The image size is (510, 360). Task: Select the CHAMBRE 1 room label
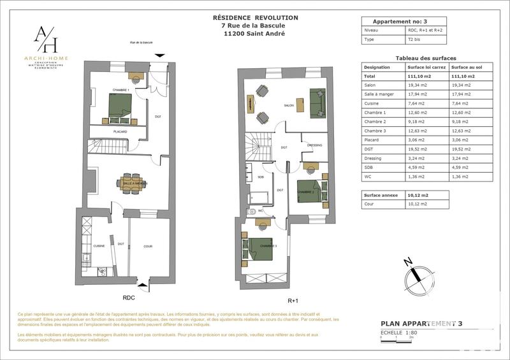point(120,90)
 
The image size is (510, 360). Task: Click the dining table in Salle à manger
point(134,184)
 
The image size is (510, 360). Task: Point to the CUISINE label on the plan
point(99,245)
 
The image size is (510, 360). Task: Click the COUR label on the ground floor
point(148,246)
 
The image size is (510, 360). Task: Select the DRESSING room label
point(314,145)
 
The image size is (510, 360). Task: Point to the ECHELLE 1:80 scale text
point(399,332)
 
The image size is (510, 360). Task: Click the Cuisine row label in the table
point(372,102)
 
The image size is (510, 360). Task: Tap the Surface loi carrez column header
point(426,66)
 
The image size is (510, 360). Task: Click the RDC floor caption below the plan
point(129,297)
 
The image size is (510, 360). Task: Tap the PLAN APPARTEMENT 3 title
point(421,324)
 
